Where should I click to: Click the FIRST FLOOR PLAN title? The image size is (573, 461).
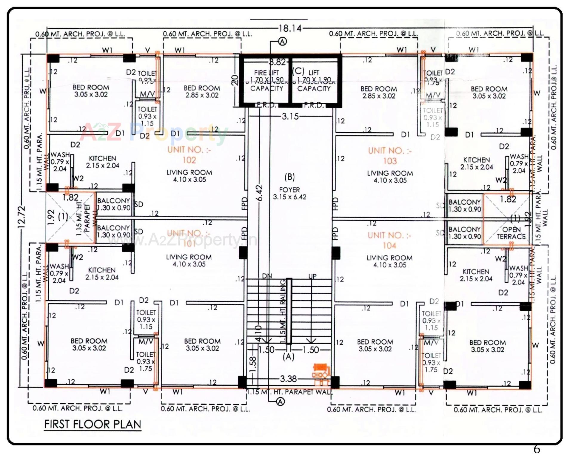click(93, 424)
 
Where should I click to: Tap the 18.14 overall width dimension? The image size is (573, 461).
click(290, 28)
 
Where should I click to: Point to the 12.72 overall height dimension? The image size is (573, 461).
click(21, 217)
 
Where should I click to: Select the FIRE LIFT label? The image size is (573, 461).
click(267, 73)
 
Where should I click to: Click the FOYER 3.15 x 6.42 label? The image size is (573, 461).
click(289, 193)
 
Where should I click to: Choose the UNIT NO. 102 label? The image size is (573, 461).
click(189, 155)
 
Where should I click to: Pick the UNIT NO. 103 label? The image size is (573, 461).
click(390, 156)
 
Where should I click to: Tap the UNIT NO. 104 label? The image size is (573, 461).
click(389, 240)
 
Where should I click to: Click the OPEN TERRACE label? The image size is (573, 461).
click(511, 233)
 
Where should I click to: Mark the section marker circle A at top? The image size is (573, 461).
click(282, 42)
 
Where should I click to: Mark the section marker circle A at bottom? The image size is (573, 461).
click(280, 402)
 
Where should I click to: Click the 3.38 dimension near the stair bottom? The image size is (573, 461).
click(288, 379)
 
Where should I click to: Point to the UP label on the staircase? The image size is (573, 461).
click(312, 276)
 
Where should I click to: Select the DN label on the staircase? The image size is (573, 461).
click(267, 276)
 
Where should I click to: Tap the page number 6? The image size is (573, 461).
click(537, 449)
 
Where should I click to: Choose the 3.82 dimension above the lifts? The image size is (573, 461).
click(278, 62)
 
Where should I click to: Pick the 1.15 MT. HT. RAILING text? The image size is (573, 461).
click(283, 311)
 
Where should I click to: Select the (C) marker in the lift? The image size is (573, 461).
click(298, 71)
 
